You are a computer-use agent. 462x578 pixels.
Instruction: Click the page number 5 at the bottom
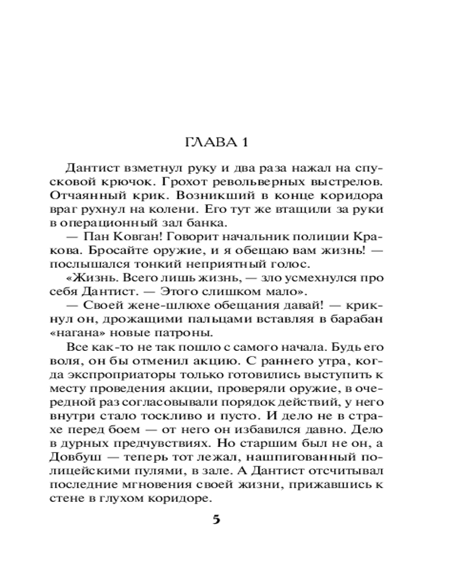pyautogui.click(x=217, y=518)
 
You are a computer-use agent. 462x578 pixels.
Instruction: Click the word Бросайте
pyautogui.click(x=99, y=250)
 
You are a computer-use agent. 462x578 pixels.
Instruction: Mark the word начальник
pyautogui.click(x=247, y=236)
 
